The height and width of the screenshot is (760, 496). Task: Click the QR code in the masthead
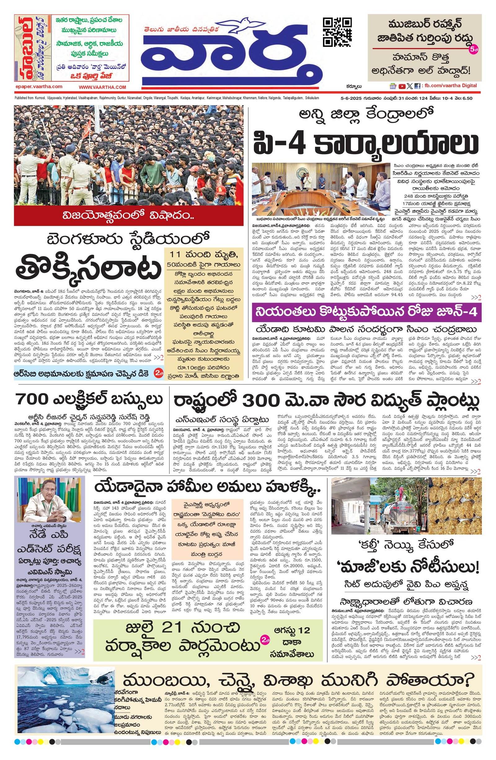337,32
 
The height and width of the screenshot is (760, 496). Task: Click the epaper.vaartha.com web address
39,87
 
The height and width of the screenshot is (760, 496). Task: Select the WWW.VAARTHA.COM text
103,87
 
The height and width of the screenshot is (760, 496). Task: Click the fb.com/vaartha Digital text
450,86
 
